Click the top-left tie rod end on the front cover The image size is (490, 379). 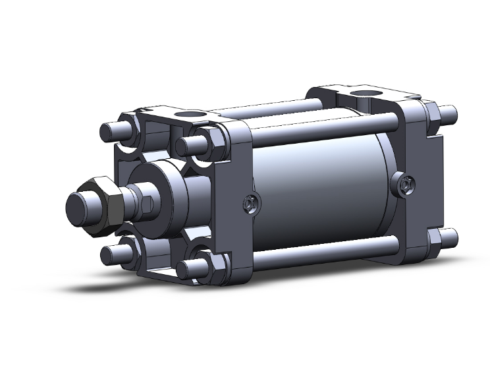coord(109,129)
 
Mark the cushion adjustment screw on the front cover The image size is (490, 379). coord(249,205)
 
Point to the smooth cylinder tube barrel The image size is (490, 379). coord(323,191)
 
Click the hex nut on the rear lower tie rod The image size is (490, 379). coord(434,238)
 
